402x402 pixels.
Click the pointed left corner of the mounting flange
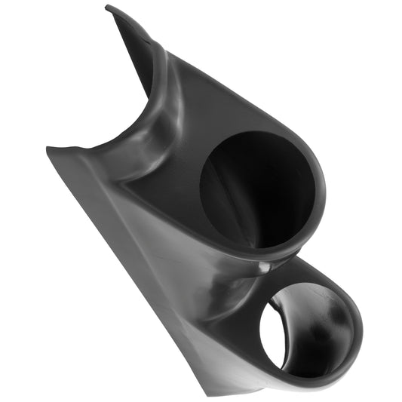click(x=48, y=149)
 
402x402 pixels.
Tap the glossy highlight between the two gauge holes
click(x=265, y=265)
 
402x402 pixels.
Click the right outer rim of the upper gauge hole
click(x=321, y=189)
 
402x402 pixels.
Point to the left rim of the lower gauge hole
click(x=259, y=332)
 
